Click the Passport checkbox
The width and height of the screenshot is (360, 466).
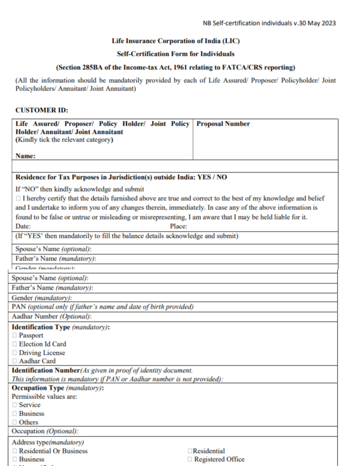point(15,335)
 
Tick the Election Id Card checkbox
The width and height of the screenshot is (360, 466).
point(15,344)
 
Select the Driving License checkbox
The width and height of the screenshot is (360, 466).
point(15,353)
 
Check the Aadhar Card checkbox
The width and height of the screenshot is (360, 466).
point(15,361)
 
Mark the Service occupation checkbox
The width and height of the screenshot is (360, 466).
point(15,405)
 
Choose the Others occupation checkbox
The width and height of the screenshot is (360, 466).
point(15,422)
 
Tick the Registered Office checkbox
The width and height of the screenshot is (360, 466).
point(189,460)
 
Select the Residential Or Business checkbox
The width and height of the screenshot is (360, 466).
point(15,451)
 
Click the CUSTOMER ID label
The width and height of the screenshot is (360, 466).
point(42,111)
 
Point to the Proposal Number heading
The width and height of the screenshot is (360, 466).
point(223,124)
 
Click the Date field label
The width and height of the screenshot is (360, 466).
point(23,226)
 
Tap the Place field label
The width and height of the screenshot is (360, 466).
point(178,226)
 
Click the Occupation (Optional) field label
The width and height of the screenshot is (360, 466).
point(45,431)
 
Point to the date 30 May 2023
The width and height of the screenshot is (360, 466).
point(316,23)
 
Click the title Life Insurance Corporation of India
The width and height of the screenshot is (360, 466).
point(176,41)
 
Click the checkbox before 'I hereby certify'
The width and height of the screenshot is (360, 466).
point(18,199)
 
